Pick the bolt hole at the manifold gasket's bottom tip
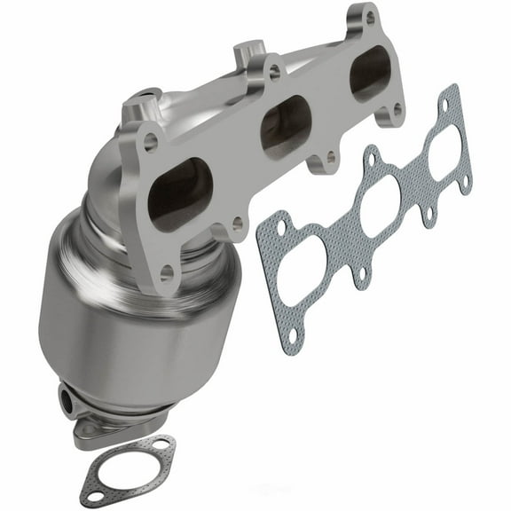(x=298, y=338)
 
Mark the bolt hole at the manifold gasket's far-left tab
(x=281, y=228)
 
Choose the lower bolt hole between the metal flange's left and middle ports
(x=238, y=224)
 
